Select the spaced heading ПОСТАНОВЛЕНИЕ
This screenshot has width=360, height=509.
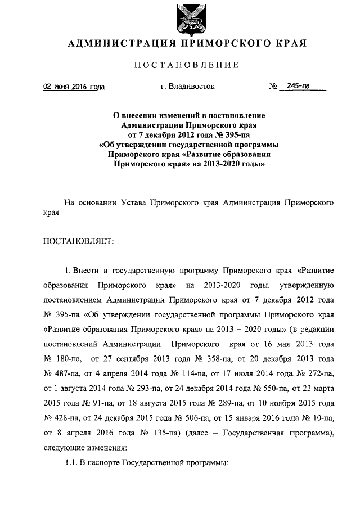tap(187, 65)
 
